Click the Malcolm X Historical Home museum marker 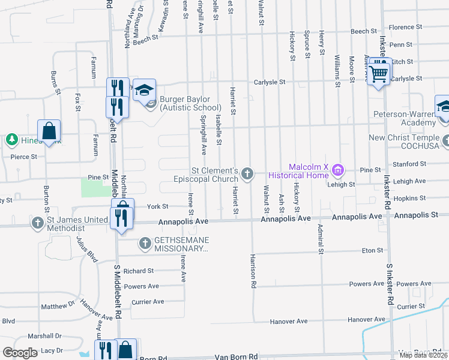tap(337, 171)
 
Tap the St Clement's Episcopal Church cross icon tap(247, 175)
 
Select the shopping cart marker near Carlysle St tap(379, 73)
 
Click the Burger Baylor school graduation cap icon tap(143, 91)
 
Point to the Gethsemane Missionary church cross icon tap(144, 244)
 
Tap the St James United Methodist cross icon tap(38, 224)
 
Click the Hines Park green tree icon tap(11, 140)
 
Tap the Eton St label tap(372, 250)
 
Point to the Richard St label tap(139, 271)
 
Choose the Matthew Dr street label tap(58, 307)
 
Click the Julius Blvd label tap(86, 249)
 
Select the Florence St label tap(402, 27)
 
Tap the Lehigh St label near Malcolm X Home tap(341, 185)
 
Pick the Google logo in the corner tap(20, 353)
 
